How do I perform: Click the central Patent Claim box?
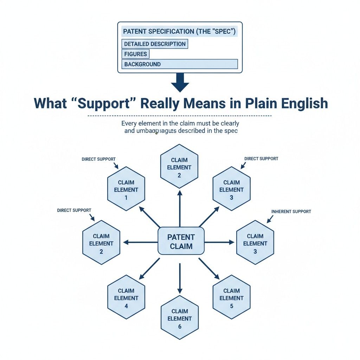[x=181, y=241]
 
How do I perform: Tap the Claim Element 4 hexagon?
[x=126, y=298]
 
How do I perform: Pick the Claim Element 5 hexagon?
[x=231, y=298]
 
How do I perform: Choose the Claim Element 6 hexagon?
[x=179, y=319]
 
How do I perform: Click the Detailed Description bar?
[x=155, y=44]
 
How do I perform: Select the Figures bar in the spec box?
[x=135, y=54]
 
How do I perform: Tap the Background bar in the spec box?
[x=180, y=64]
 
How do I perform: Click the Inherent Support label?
[x=291, y=212]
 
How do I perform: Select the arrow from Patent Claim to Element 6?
[x=180, y=278]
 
